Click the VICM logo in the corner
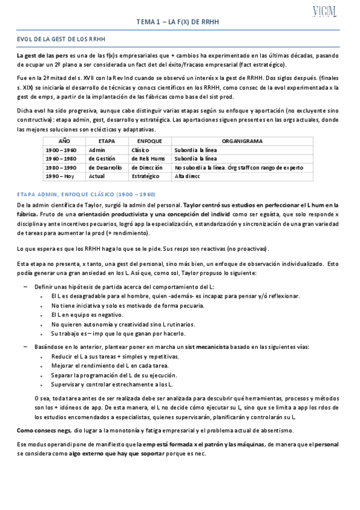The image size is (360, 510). coord(325,11)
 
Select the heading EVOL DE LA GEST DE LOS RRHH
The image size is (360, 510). coord(61,39)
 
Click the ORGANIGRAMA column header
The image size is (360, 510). coord(242,141)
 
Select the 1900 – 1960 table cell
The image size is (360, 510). coord(60,150)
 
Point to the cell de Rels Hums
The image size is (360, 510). coord(147,158)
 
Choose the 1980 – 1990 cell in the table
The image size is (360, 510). coord(60,167)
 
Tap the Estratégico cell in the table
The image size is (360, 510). coord(145,176)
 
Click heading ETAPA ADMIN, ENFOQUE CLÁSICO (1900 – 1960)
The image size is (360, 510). coord(86,195)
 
